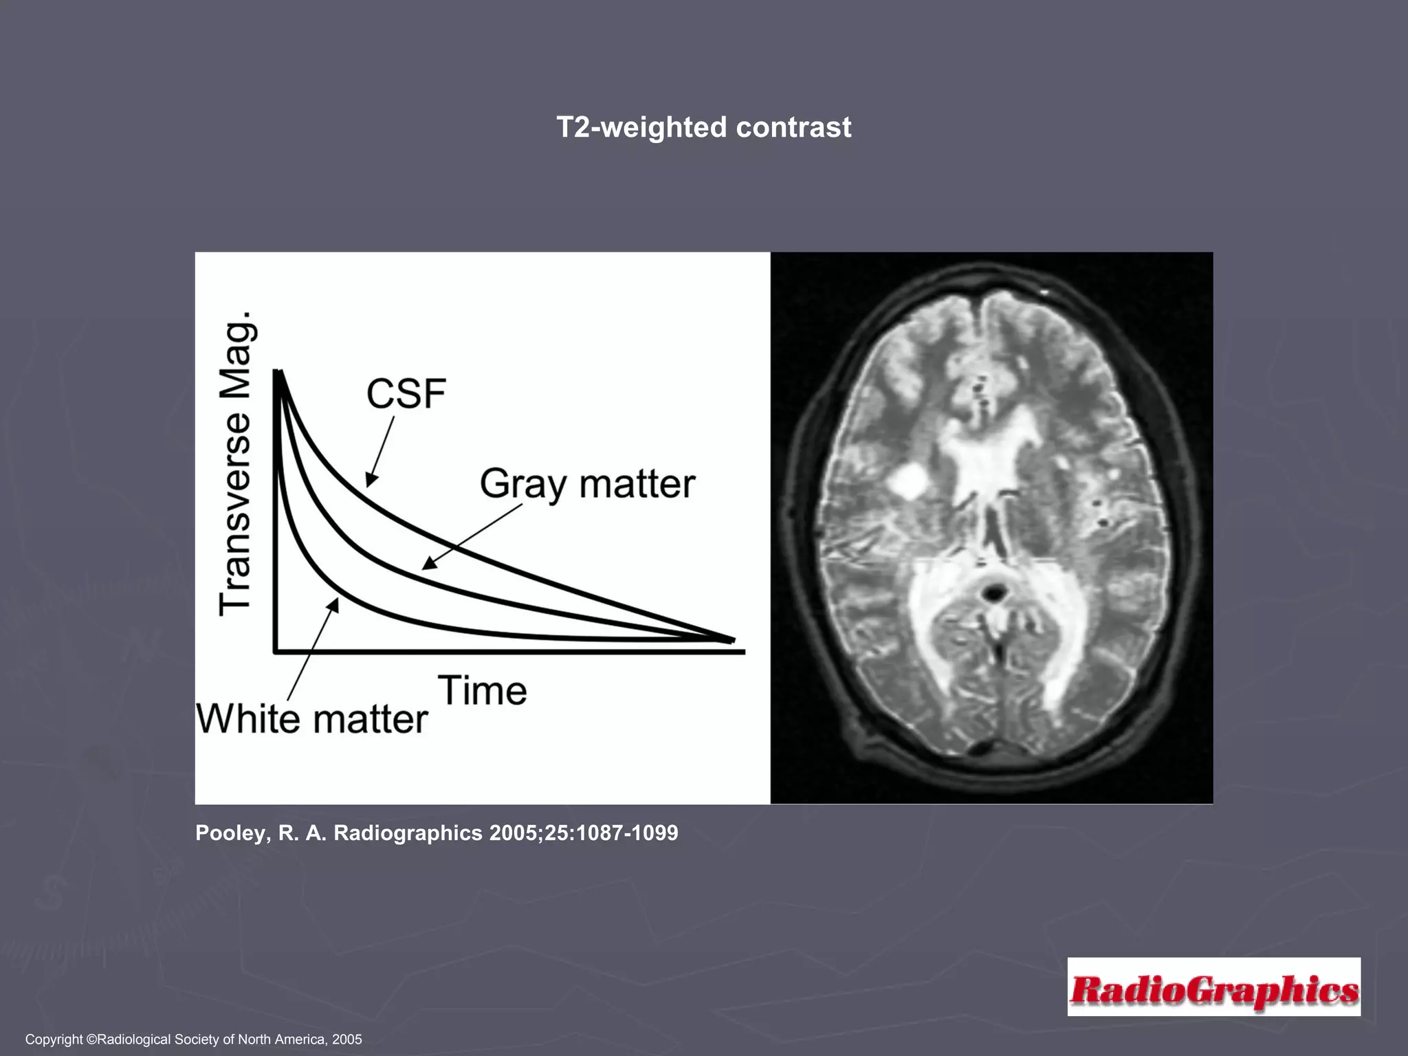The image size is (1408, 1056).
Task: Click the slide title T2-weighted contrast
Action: [x=703, y=128]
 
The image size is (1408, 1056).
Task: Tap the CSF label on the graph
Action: [x=406, y=394]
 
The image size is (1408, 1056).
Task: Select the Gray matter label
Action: [x=587, y=483]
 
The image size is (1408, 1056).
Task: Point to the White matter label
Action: [x=312, y=719]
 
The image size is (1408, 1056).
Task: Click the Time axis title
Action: [x=483, y=690]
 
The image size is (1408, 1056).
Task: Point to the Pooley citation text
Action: [x=437, y=833]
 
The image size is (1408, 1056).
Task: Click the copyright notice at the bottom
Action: [x=193, y=1039]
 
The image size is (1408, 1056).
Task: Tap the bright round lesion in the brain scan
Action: [x=907, y=481]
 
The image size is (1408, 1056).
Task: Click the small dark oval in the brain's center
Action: [x=993, y=591]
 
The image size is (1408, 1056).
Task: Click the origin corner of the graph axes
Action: [x=276, y=650]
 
